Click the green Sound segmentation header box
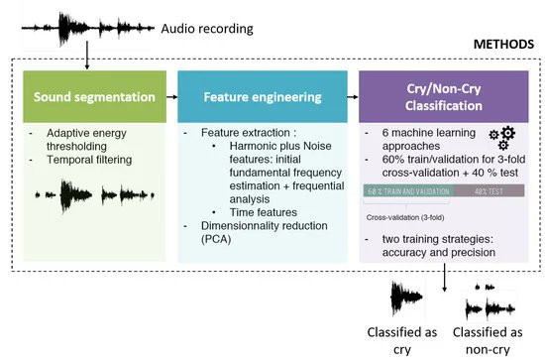(x=94, y=97)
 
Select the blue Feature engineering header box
(x=263, y=97)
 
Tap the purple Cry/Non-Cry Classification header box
(x=444, y=97)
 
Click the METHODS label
(x=503, y=45)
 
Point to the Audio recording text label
(x=207, y=29)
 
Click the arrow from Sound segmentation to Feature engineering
(x=171, y=97)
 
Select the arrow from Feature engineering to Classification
(x=353, y=97)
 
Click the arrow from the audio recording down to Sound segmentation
(x=87, y=55)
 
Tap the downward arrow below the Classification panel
(x=444, y=278)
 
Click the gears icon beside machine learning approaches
(x=502, y=138)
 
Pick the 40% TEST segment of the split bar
(x=489, y=191)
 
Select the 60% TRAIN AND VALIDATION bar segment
(x=408, y=191)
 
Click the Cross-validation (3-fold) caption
(x=405, y=218)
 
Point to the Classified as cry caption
(x=402, y=341)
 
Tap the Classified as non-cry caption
(x=488, y=341)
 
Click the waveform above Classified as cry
(x=406, y=299)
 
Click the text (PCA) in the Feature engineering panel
(x=216, y=239)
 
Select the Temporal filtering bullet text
(x=89, y=160)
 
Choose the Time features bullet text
(x=264, y=212)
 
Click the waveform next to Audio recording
(x=88, y=29)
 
